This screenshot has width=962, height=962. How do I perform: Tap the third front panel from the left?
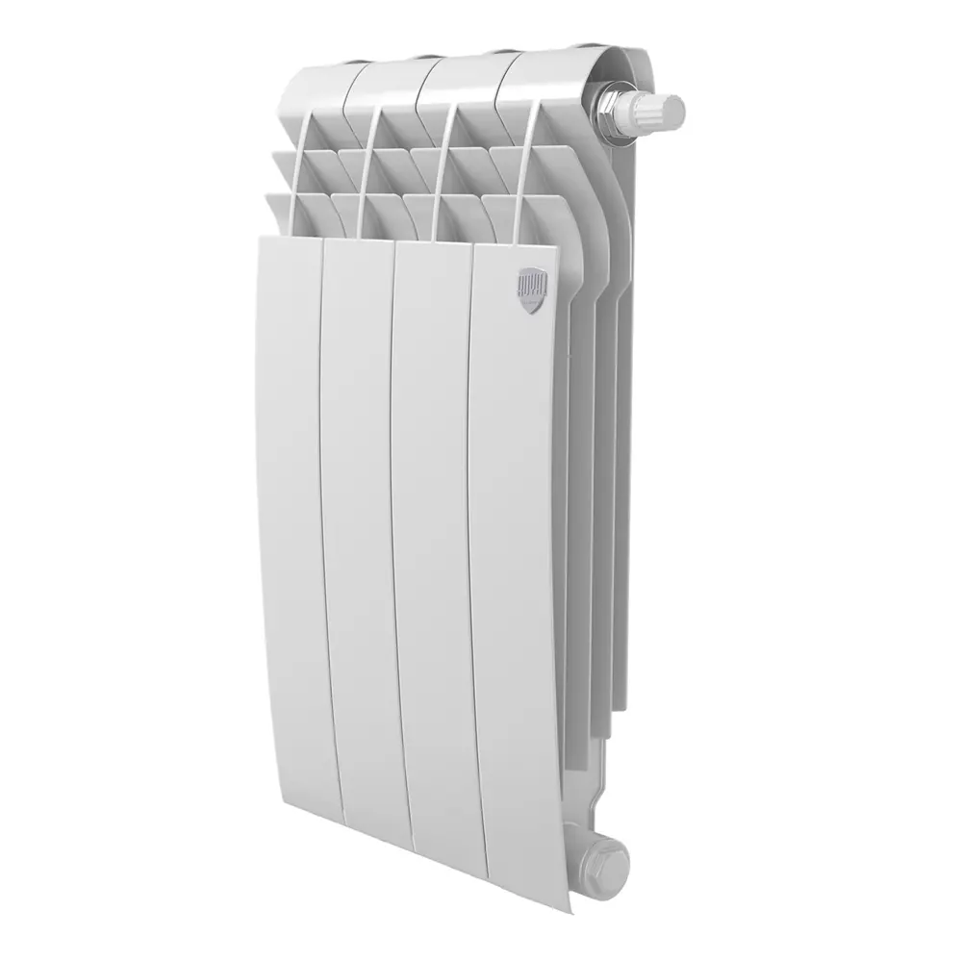435,539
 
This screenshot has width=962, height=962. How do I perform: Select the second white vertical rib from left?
367,168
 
